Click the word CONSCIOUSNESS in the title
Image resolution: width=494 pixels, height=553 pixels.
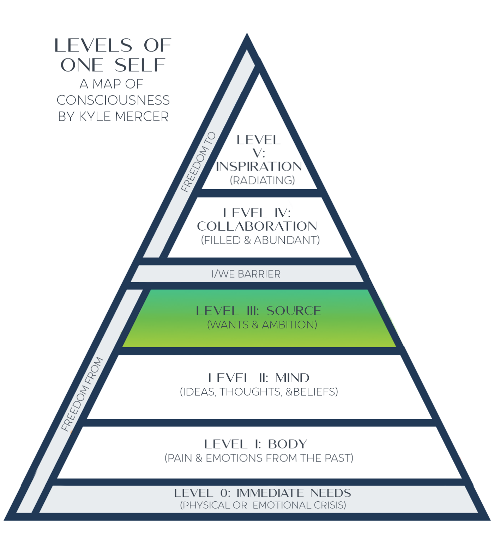point(113,100)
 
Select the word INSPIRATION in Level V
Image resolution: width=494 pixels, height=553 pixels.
point(259,166)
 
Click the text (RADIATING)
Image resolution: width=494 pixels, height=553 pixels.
point(262,180)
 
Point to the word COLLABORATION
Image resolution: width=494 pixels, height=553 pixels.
point(257,226)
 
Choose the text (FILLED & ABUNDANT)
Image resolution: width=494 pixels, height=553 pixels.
point(260,240)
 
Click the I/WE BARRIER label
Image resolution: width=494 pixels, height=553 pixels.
point(246,274)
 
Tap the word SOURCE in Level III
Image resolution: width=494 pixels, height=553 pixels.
point(294,311)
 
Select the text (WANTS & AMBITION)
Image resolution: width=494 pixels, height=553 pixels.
point(262,325)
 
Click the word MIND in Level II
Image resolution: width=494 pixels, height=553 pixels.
point(292,378)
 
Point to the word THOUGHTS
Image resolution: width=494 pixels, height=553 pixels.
point(251,392)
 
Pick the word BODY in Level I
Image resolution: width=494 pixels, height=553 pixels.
point(287,444)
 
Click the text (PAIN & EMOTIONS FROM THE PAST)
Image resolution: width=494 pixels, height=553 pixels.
point(259,458)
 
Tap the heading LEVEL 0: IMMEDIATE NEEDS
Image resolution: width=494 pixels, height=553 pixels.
point(263,493)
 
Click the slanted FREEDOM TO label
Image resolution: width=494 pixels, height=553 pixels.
point(198,162)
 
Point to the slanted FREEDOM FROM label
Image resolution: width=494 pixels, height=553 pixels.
point(82,394)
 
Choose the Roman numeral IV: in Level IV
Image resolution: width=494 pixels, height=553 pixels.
point(282,213)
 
